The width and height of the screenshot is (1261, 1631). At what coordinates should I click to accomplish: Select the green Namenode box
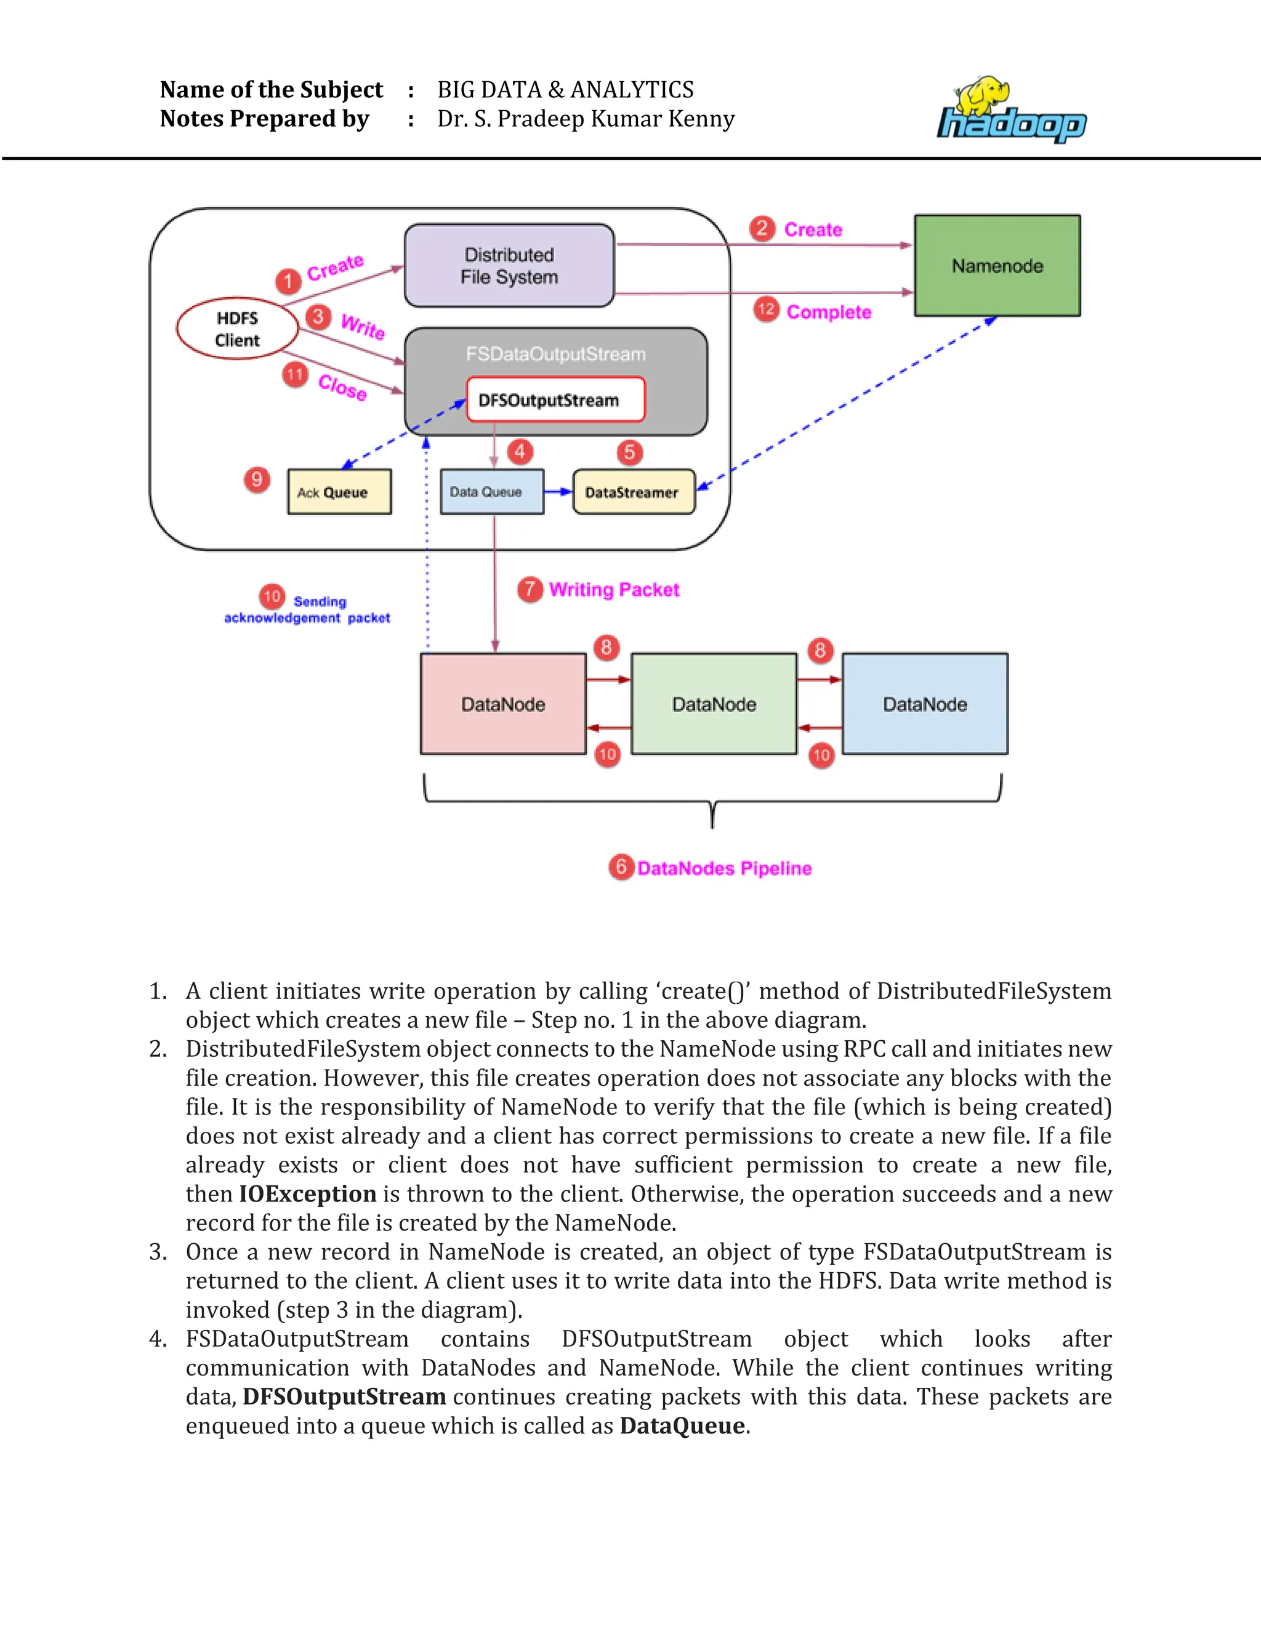pos(997,266)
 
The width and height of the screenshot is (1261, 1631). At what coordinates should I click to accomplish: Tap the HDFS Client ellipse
pos(238,329)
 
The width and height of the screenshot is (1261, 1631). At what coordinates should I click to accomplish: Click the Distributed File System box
pos(509,266)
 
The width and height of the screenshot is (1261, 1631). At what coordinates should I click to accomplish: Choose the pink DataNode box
pos(503,704)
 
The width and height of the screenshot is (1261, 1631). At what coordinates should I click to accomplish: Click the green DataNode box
pos(714,704)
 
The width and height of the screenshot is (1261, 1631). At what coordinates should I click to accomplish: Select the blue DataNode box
pos(924,704)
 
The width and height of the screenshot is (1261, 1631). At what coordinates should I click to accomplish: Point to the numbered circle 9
pos(257,479)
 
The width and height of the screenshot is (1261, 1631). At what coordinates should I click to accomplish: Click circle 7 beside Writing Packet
pos(530,589)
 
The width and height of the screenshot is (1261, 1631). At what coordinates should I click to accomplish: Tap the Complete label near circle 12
pos(829,312)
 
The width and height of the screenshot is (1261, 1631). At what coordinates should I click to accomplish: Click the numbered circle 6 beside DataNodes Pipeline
pos(621,867)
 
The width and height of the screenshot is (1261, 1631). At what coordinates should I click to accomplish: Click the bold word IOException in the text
pos(307,1194)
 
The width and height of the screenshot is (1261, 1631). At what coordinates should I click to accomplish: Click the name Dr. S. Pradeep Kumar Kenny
pos(586,119)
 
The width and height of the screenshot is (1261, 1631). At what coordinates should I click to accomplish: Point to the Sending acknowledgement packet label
pos(308,610)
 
